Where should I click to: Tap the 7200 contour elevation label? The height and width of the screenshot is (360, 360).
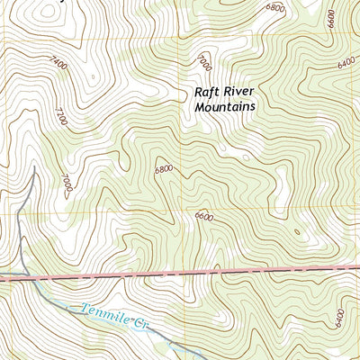tap(61, 117)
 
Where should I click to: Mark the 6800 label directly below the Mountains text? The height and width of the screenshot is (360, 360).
tap(164, 168)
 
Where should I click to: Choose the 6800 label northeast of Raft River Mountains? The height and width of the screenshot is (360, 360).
tap(274, 8)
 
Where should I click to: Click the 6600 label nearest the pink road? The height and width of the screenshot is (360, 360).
tap(203, 217)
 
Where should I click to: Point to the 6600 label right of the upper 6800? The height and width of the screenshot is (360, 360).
tap(330, 18)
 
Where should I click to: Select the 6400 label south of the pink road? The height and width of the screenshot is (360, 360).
tap(339, 317)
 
